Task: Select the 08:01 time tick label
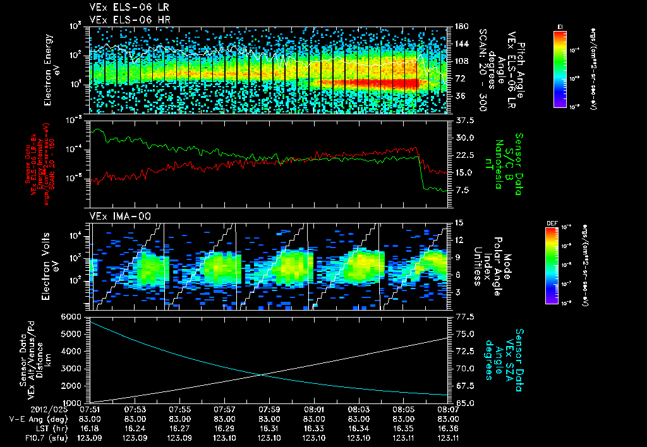[314, 410]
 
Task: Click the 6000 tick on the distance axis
[71, 316]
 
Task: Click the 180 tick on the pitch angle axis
[457, 27]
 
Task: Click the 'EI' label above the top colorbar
[560, 27]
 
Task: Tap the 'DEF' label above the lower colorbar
[550, 223]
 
